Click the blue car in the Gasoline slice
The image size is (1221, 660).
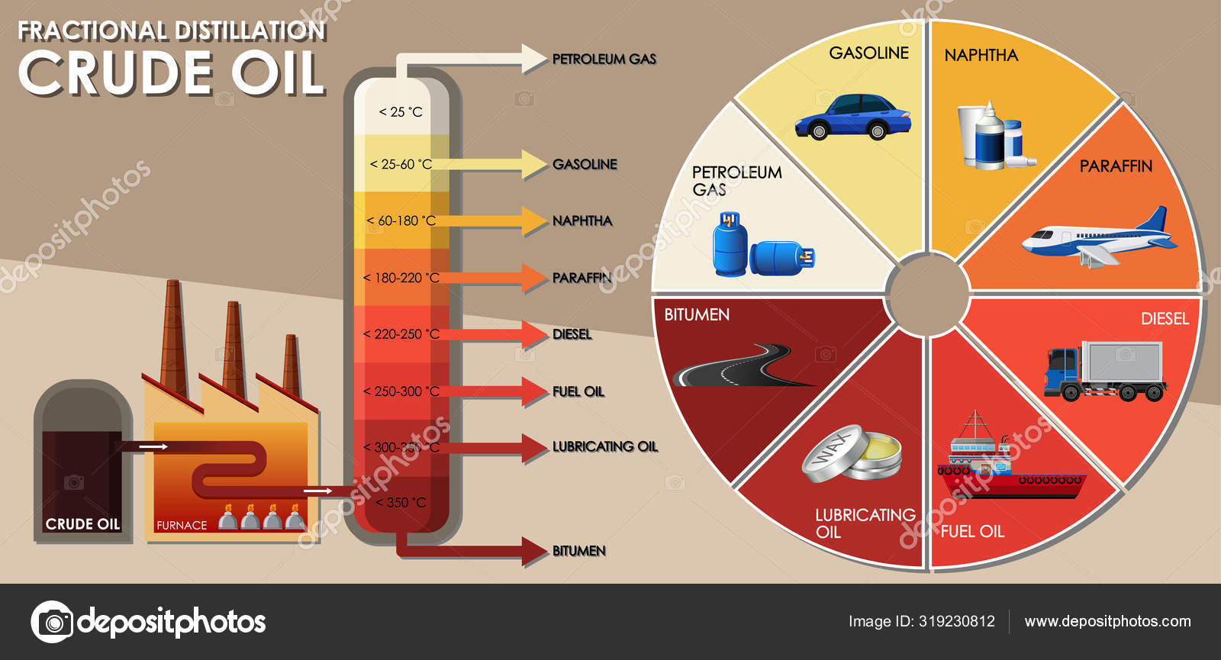[x=852, y=118]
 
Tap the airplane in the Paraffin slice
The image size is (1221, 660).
[x=1099, y=237]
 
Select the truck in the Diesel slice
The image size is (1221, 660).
[x=1105, y=371]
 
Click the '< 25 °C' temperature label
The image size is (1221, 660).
[x=401, y=112]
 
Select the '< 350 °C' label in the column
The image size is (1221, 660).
[x=401, y=503]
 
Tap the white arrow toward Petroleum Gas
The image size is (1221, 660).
[x=473, y=59]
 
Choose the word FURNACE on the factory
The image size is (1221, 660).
[x=182, y=526]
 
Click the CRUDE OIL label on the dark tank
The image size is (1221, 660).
[x=82, y=524]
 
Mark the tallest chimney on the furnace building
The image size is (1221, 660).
[x=173, y=336]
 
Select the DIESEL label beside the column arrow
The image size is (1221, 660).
[x=572, y=334]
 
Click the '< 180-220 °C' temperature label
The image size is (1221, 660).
[x=401, y=278]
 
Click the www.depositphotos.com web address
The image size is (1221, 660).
[x=1107, y=621]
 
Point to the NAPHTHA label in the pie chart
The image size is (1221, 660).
[x=981, y=55]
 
